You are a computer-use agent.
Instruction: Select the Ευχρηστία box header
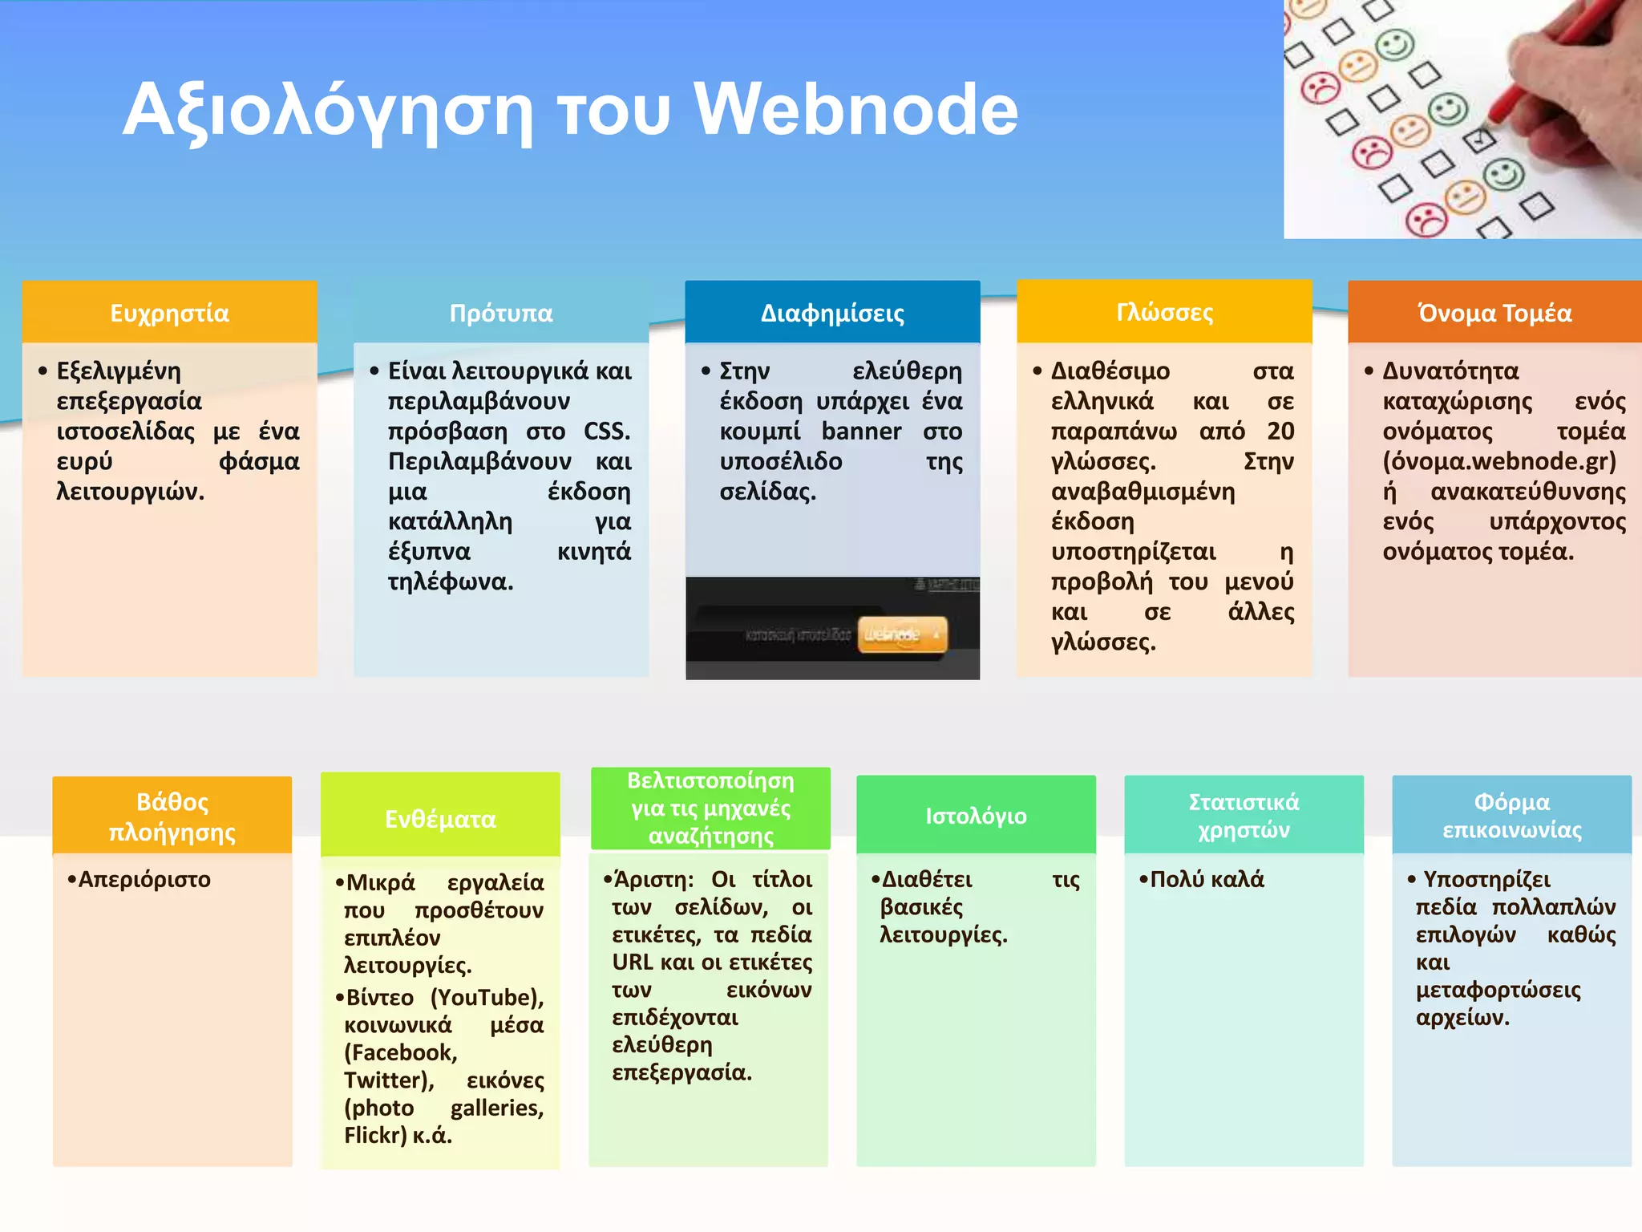[169, 312]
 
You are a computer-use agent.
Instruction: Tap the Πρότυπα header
[501, 312]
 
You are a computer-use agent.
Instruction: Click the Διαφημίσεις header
[832, 312]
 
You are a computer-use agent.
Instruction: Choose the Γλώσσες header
[1164, 311]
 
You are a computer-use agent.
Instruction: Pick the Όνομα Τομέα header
[1494, 312]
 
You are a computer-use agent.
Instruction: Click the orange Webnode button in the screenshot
[902, 634]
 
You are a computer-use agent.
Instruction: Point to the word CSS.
[606, 432]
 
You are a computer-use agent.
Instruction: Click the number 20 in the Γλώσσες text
[1280, 432]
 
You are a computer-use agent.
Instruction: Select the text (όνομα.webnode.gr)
[1499, 461]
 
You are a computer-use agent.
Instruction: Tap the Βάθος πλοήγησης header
[172, 816]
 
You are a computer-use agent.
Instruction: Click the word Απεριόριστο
[144, 879]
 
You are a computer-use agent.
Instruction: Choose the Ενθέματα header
[440, 818]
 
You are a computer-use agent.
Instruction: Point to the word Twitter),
[389, 1080]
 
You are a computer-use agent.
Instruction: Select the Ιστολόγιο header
[976, 815]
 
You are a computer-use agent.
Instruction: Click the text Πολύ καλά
[1207, 879]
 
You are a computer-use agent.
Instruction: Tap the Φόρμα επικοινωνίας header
[1511, 815]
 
